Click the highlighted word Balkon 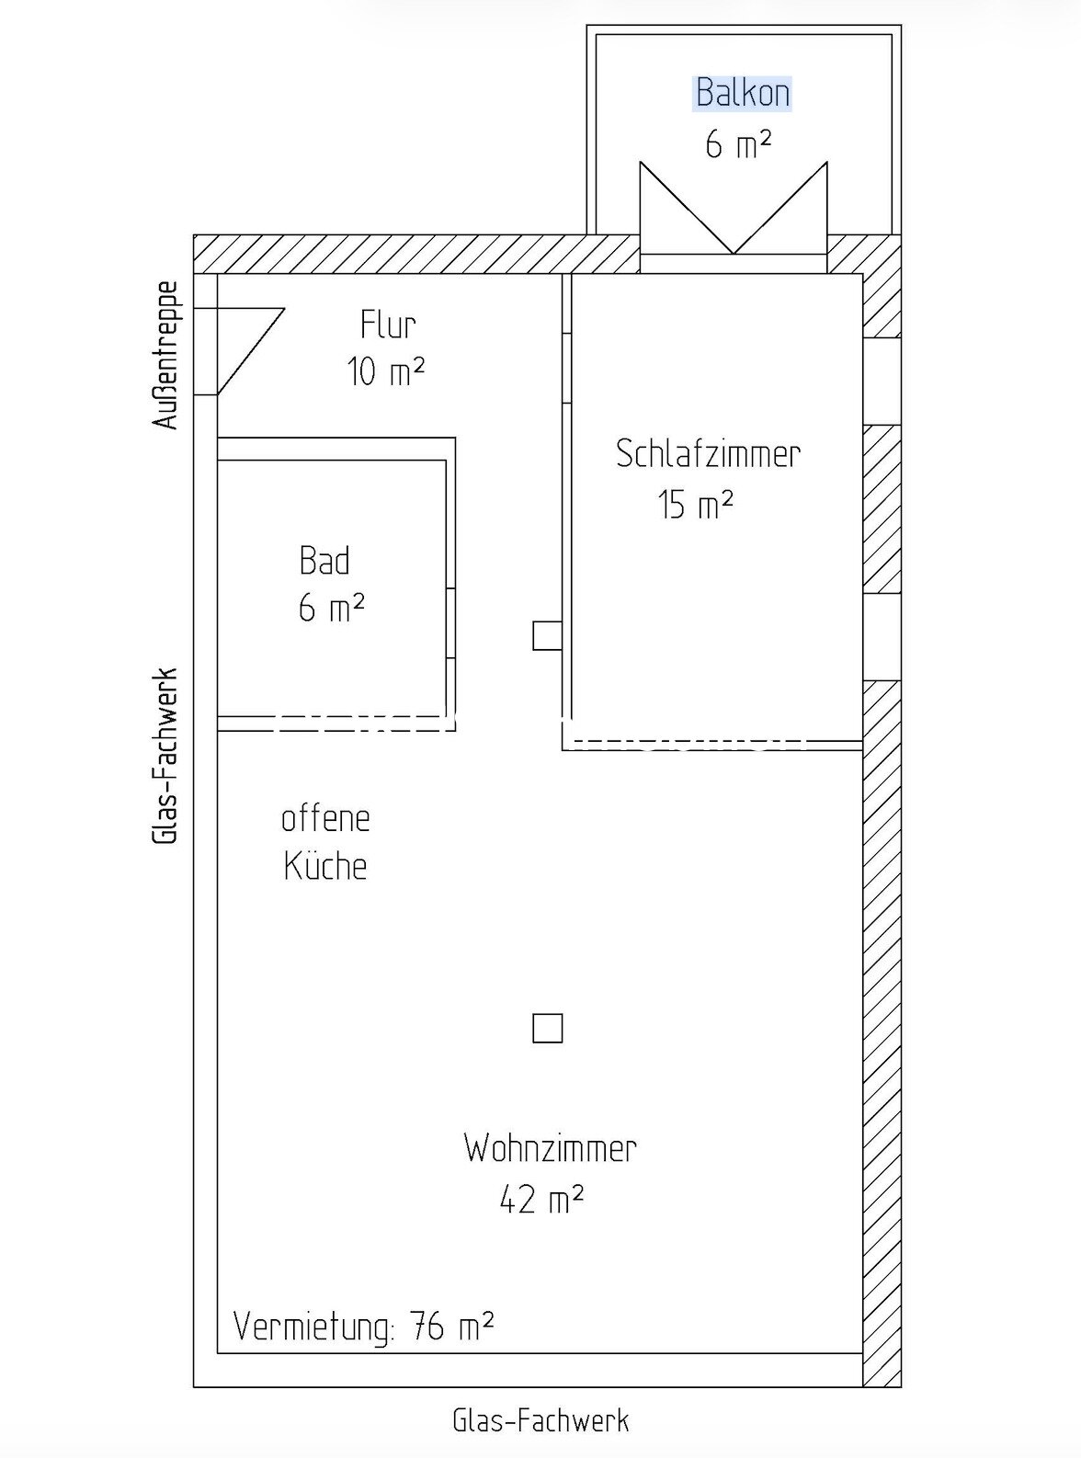743,93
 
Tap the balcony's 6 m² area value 738,144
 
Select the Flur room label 388,325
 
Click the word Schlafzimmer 708,454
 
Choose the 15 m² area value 695,506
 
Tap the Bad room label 324,561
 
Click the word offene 325,819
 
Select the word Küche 325,865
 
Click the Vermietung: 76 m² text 364,1327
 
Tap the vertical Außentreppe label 165,356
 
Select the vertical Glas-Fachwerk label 165,757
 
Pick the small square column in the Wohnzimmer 547,1028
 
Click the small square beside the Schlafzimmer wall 547,635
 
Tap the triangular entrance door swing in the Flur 251,351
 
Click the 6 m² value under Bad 332,608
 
